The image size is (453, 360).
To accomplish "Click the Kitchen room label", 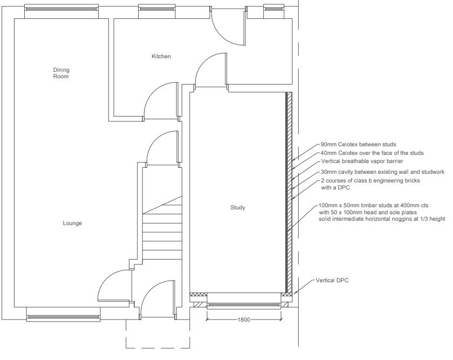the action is [x=161, y=56].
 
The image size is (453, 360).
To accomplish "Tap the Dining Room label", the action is [x=61, y=73].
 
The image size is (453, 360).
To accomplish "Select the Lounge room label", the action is [x=72, y=223].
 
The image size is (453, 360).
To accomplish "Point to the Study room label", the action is [x=238, y=207].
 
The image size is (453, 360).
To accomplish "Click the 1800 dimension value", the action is [x=244, y=320].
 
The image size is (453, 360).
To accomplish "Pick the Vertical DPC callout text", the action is [x=332, y=280].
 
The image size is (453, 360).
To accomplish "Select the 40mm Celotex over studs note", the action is [x=372, y=153].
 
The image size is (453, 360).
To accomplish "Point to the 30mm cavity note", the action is [x=382, y=172].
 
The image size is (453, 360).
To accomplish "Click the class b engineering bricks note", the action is [x=370, y=184].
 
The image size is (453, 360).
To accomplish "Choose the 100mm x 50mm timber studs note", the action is [x=382, y=212].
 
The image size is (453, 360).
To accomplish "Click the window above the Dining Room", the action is [x=61, y=9].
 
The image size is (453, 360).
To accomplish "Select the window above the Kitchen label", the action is [x=157, y=9].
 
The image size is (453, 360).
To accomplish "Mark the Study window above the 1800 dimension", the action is [x=244, y=304].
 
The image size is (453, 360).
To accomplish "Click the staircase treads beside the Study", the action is [x=162, y=228].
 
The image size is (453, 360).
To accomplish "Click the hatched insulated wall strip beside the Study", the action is [x=289, y=193].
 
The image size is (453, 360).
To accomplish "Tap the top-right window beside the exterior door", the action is [x=274, y=9].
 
